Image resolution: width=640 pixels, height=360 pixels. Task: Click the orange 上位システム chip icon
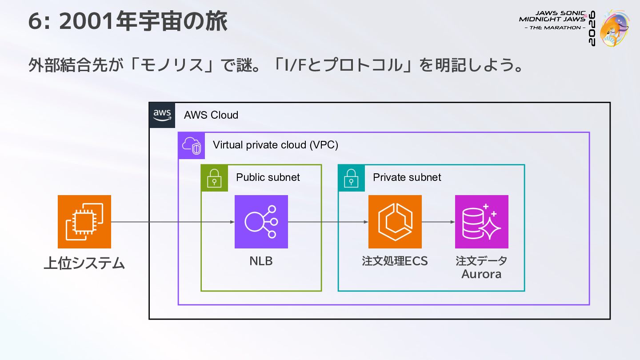coord(84,222)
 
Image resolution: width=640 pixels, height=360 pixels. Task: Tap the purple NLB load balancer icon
coord(261,222)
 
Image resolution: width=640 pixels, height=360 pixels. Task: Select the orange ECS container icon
coord(395,222)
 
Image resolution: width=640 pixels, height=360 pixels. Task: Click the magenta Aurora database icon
coord(482,222)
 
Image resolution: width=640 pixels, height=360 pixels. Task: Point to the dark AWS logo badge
coord(162,115)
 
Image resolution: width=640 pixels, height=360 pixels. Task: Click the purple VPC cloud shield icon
coord(192,145)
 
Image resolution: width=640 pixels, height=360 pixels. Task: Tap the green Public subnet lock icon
coord(214,178)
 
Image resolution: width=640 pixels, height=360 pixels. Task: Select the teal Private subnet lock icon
coord(352,178)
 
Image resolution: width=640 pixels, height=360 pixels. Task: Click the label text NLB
coord(261,261)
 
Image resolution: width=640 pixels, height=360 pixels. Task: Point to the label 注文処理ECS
coord(395,261)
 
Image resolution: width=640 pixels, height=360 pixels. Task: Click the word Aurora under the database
coord(481,274)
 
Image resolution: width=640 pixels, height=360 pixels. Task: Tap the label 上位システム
coord(84,263)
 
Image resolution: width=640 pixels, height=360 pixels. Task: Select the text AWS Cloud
coord(211,115)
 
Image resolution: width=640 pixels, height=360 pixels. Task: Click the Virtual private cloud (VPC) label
coord(276,145)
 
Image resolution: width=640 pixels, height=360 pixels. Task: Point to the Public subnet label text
coord(268,177)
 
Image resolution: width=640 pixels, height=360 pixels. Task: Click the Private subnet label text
coord(407,177)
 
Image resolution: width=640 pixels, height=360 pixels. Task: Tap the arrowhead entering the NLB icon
coord(232,222)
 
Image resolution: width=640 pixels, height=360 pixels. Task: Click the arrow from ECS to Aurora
coord(438,222)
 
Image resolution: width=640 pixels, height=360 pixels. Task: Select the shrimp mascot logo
coord(614,28)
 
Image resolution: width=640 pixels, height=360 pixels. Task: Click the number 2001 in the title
coord(86,21)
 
